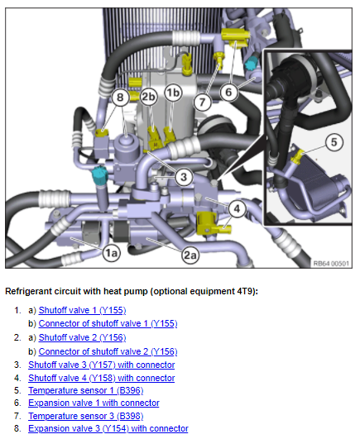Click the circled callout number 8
click(120, 98)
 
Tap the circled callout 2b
click(148, 97)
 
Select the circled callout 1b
click(173, 93)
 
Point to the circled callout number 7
click(202, 102)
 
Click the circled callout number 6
click(229, 92)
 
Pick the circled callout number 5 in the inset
click(334, 142)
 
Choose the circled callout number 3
click(184, 177)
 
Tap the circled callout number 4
click(237, 209)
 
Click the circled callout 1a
click(111, 253)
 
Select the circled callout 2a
click(190, 255)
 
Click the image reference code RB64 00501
click(331, 264)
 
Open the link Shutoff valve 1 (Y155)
click(83, 310)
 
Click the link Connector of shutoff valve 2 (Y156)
click(108, 351)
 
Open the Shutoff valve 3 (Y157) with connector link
click(102, 365)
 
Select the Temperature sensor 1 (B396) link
click(86, 390)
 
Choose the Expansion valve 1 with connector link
click(94, 403)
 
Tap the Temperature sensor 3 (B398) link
click(86, 416)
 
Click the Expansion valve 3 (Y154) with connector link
click(108, 428)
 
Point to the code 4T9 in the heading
click(245, 292)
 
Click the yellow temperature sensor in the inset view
click(298, 156)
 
